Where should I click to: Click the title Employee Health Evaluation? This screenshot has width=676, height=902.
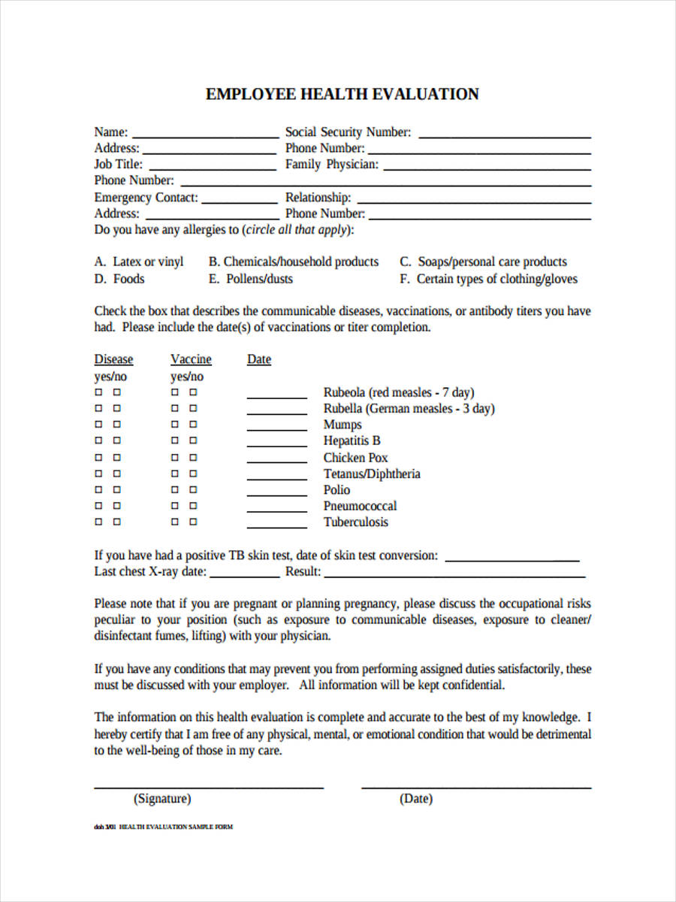click(343, 94)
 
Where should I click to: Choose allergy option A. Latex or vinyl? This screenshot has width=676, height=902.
click(139, 262)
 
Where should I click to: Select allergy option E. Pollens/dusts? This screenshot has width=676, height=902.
click(250, 279)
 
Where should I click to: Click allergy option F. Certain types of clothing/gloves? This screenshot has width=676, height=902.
click(488, 279)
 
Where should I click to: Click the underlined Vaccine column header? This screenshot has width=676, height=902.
click(191, 359)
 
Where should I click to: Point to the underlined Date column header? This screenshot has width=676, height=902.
click(259, 359)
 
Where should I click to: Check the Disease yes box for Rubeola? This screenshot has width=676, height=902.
click(98, 392)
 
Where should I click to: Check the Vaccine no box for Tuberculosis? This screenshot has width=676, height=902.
click(193, 522)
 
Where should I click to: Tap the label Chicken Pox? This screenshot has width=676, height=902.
click(355, 457)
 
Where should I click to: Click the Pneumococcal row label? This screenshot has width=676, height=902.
click(360, 506)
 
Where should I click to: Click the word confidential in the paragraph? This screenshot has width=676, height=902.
click(473, 685)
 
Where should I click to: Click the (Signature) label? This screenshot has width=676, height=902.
click(162, 798)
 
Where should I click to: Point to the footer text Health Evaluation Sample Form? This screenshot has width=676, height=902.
click(176, 827)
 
